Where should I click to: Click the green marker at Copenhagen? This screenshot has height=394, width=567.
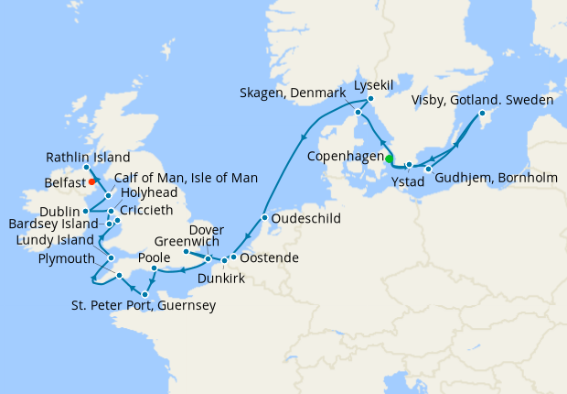point(389,159)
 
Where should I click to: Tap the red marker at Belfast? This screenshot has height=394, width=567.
point(92,181)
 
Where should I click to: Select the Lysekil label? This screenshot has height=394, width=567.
point(373,84)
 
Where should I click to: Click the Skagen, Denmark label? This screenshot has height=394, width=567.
point(292,93)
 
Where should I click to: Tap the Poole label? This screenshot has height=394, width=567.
point(154,258)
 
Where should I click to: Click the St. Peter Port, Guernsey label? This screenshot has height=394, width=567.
point(143,305)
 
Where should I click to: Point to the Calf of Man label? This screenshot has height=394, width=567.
point(187,177)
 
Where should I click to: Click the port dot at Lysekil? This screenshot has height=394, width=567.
point(372,97)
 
